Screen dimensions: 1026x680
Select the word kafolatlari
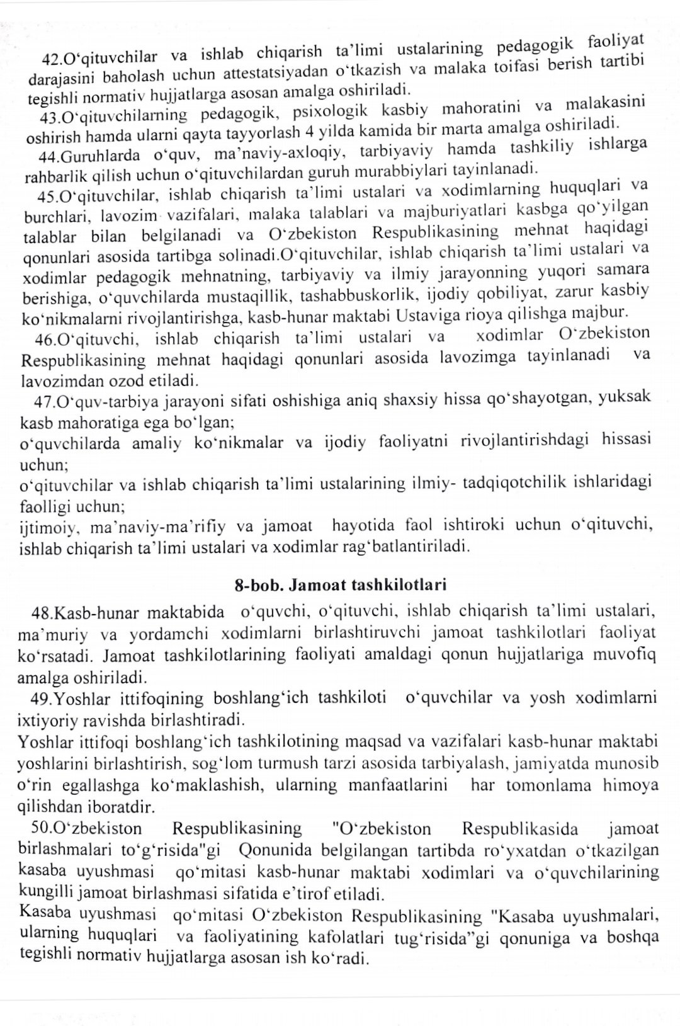[346, 937]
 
